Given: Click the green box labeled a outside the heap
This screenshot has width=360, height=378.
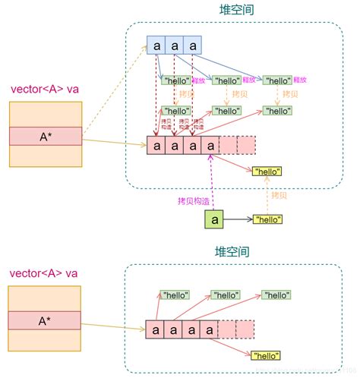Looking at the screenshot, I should tap(214, 219).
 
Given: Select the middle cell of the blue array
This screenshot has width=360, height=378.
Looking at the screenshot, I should tap(175, 46).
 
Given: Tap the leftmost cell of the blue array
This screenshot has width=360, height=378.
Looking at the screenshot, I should tap(156, 46).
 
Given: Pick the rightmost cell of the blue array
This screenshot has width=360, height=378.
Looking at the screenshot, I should tap(193, 46).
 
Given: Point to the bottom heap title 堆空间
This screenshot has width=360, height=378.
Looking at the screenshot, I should tap(233, 251).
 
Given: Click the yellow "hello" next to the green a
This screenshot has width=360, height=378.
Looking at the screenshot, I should tap(267, 219).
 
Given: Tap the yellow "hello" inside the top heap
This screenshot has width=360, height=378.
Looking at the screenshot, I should tap(267, 172).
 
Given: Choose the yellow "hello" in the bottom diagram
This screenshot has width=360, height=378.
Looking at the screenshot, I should tap(267, 355).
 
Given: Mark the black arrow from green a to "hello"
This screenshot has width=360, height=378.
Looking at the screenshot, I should tap(238, 219).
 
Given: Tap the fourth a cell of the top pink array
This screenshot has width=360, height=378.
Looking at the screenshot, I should tap(210, 145).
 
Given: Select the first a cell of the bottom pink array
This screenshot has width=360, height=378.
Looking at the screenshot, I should tap(156, 329).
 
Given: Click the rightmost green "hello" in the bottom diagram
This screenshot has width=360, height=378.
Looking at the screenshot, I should tap(277, 294).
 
